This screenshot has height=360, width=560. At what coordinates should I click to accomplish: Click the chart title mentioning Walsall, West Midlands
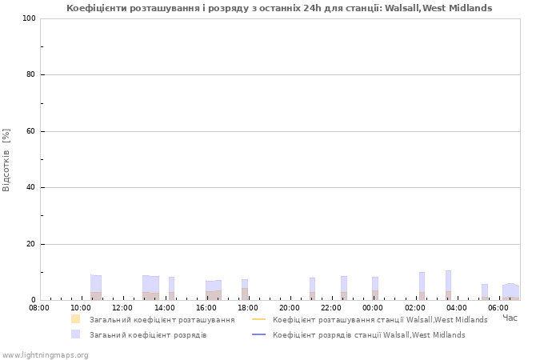[x=279, y=8]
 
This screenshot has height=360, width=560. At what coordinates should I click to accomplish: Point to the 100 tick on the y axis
[x=29, y=18]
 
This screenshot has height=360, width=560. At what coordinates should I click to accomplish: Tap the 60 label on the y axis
[x=30, y=131]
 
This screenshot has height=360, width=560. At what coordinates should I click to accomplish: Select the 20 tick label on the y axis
[x=30, y=244]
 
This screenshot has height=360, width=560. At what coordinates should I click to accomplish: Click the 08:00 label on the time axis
[x=39, y=307]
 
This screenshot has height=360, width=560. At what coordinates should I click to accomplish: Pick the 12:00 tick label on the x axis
[x=122, y=307]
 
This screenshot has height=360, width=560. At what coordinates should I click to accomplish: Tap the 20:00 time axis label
[x=290, y=307]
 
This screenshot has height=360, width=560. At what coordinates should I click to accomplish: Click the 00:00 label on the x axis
[x=373, y=307]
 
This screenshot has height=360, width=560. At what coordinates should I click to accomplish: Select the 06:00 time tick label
[x=498, y=307]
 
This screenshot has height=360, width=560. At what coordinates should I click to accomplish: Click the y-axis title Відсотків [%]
[x=6, y=160]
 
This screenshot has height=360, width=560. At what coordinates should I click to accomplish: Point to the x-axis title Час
[x=510, y=318]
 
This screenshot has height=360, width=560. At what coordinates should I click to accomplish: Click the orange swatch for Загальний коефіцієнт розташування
[x=75, y=319]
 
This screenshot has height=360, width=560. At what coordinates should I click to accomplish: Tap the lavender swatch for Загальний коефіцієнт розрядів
[x=75, y=334]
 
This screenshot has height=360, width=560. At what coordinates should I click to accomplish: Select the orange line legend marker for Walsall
[x=259, y=319]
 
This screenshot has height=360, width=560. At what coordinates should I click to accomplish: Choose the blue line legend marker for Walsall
[x=259, y=334]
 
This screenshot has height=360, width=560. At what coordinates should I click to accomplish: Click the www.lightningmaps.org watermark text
[x=45, y=355]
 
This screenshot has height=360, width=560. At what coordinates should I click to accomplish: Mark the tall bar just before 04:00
[x=448, y=286]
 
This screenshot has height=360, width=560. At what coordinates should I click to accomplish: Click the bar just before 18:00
[x=245, y=290]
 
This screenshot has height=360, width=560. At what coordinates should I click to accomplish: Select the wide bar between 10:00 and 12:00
[x=96, y=287]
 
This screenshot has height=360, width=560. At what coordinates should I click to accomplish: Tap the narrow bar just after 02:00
[x=422, y=286]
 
